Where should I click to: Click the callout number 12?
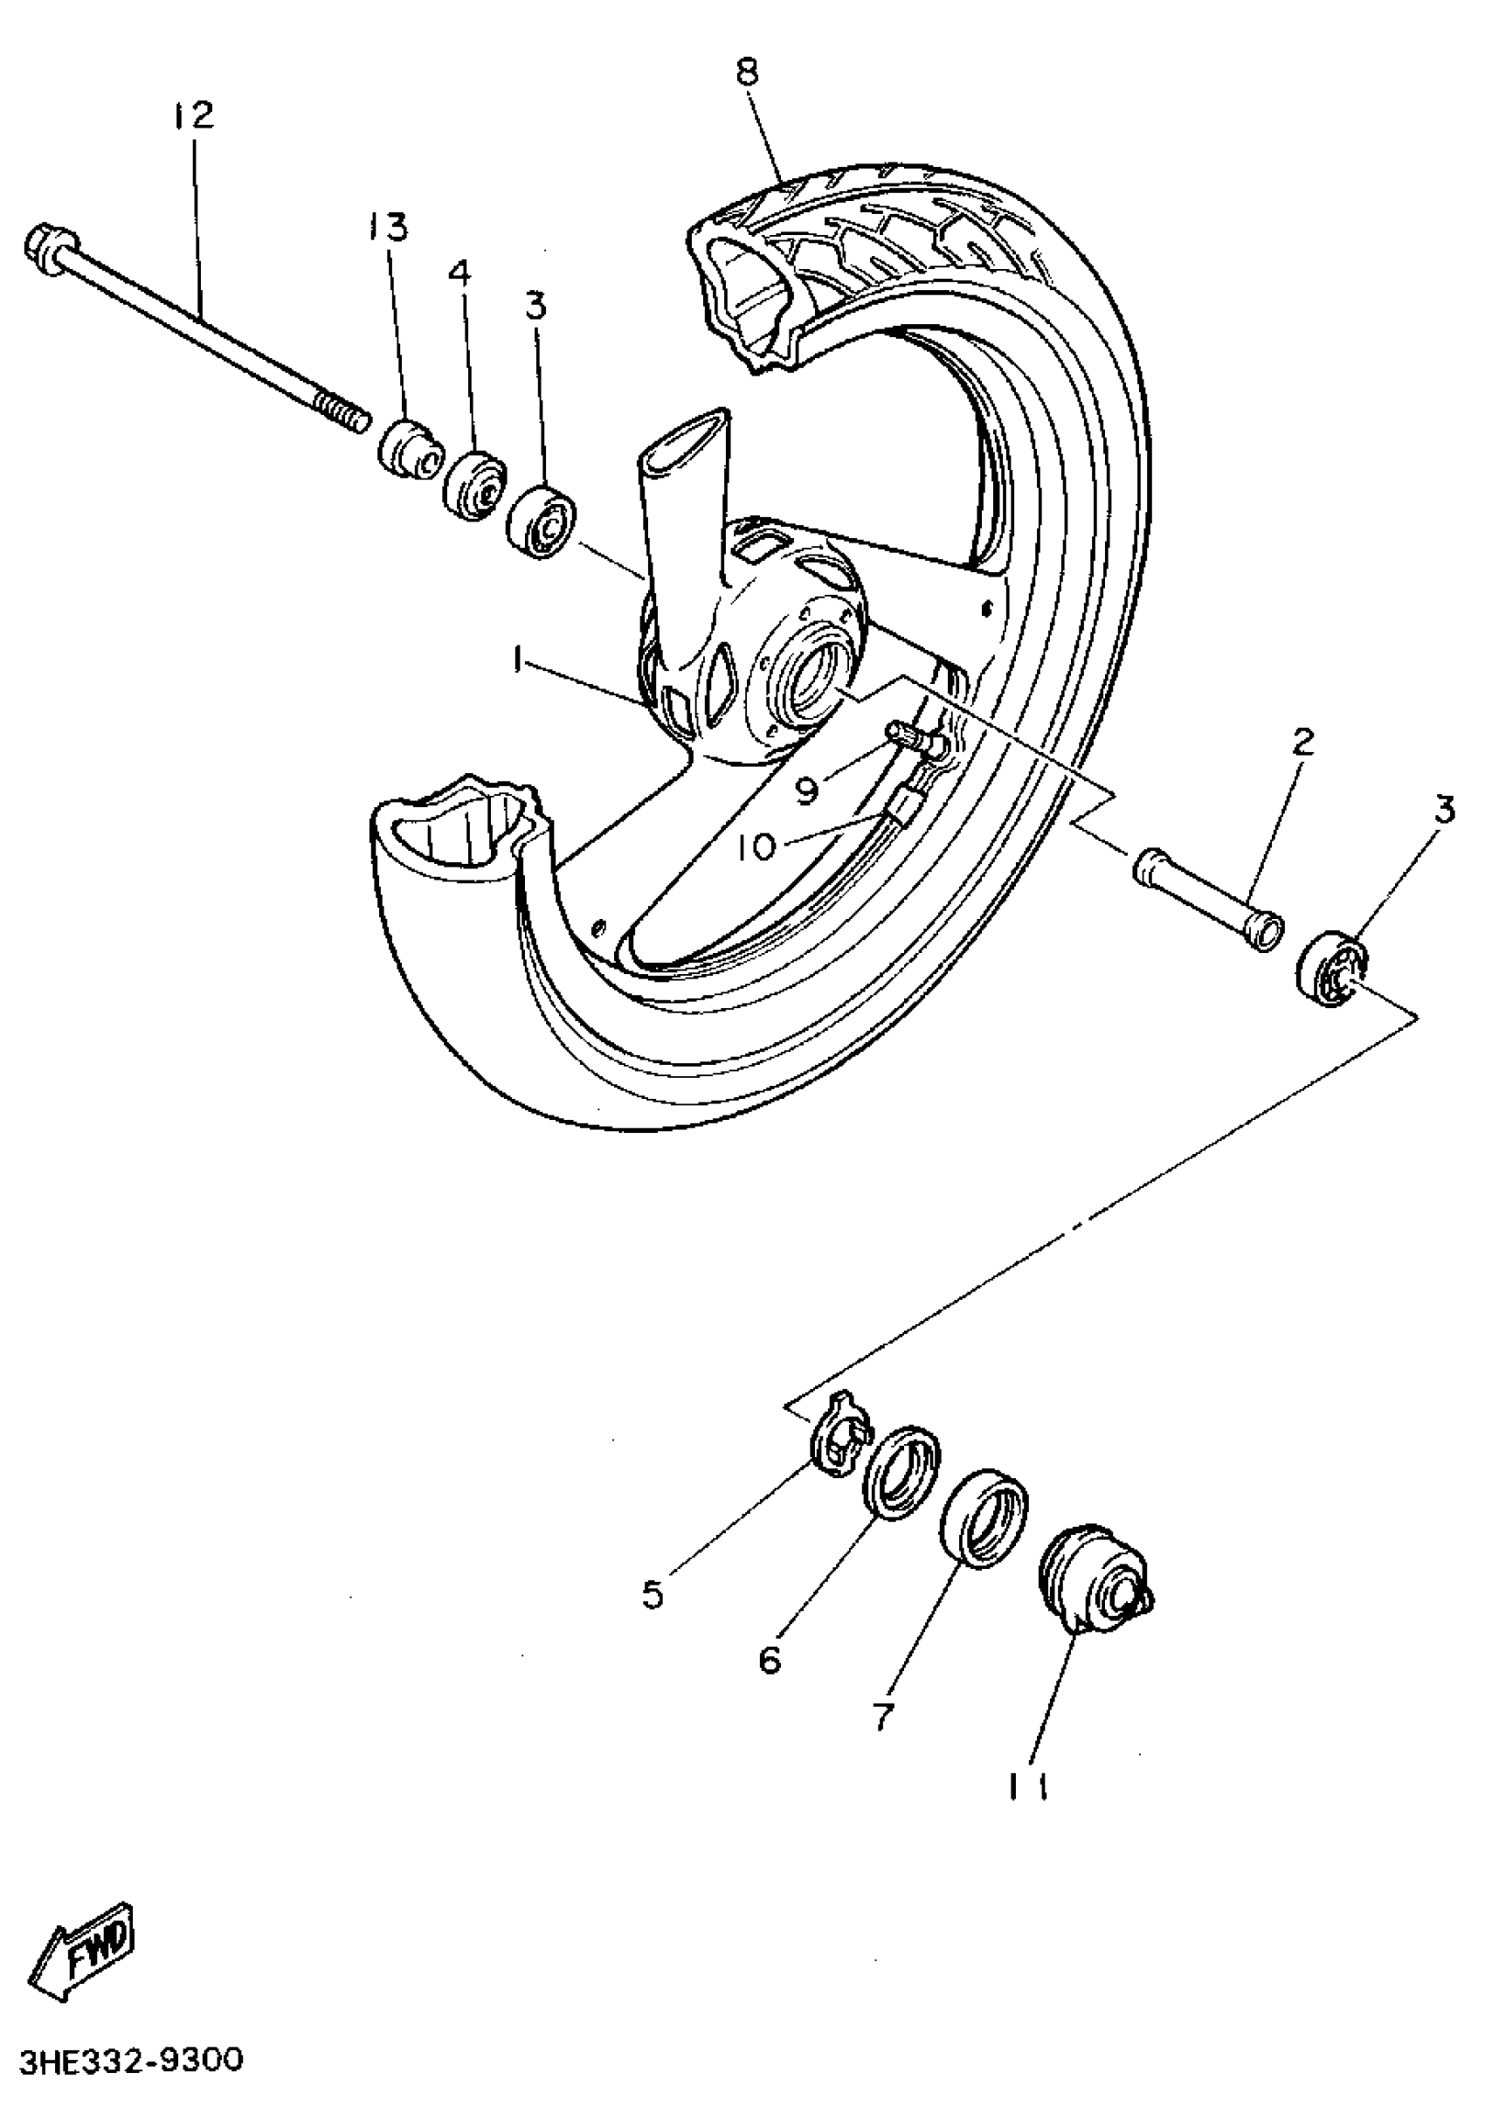(193, 115)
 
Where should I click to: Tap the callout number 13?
(389, 225)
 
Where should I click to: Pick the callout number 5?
(653, 1595)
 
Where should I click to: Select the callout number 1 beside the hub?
(519, 660)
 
